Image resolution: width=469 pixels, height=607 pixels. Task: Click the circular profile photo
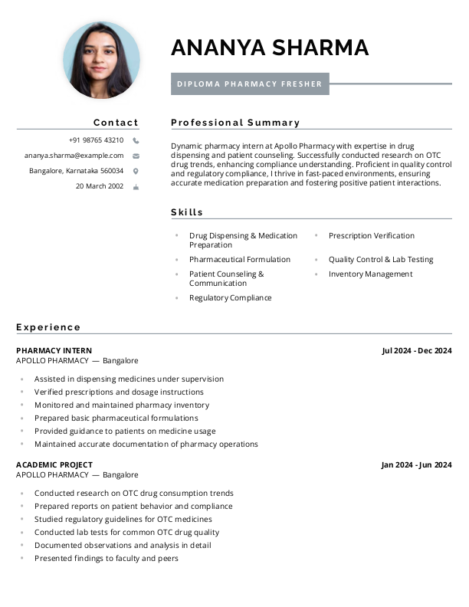pos(101,60)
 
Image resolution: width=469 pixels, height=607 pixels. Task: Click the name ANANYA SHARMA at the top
pos(270,48)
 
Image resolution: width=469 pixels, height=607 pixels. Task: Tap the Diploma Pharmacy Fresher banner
pos(250,84)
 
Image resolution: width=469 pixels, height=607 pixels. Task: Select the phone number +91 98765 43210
pos(96,140)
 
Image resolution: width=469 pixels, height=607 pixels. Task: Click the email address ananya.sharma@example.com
pos(74,156)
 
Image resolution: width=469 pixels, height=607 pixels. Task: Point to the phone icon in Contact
pos(136,141)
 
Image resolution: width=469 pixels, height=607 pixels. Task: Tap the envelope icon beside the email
pos(136,156)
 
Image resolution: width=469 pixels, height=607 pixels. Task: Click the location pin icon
pos(136,171)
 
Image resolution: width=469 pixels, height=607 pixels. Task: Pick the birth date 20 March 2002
pos(99,186)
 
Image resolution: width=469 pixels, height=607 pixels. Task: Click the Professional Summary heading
pos(235,123)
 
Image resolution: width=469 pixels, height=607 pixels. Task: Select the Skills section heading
pos(187,212)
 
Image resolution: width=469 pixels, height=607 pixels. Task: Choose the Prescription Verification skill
pos(371,236)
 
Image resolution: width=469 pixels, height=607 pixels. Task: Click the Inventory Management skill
pos(370,274)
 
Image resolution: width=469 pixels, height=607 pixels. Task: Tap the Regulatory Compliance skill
pos(230,298)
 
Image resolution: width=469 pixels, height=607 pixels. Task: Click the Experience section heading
pos(48,327)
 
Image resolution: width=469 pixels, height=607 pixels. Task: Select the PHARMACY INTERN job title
pos(54,351)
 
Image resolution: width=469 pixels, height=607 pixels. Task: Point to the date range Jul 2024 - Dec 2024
pos(416,351)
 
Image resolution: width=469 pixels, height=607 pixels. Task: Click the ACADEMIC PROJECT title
pos(54,465)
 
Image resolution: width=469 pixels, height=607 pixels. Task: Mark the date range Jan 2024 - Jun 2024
pos(416,465)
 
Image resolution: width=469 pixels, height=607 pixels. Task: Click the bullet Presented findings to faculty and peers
pos(106,559)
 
